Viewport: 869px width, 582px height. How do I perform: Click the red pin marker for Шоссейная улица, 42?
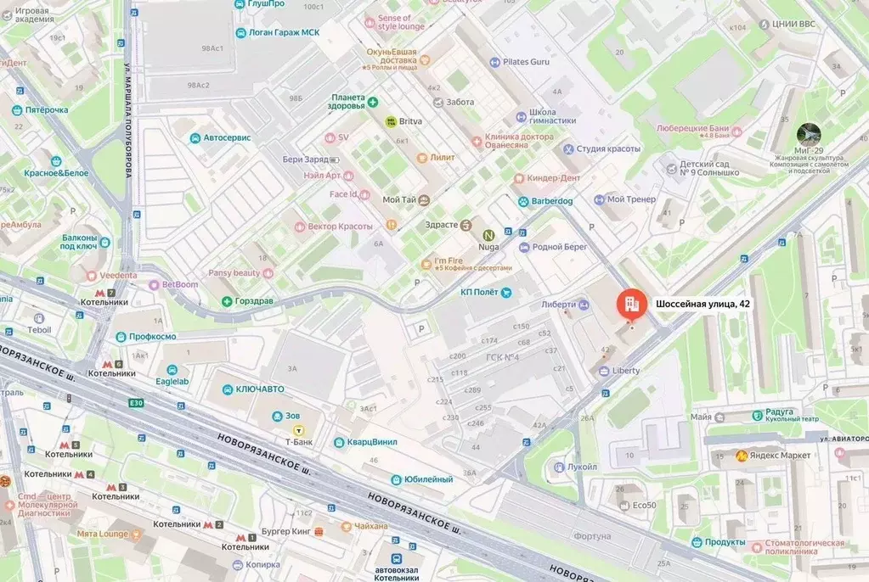(x=630, y=304)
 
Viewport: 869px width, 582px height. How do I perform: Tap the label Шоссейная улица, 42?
(x=703, y=304)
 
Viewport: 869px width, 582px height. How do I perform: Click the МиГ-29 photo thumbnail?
(x=809, y=134)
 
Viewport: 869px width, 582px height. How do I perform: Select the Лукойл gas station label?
(x=582, y=467)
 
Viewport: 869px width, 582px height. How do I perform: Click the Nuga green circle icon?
(x=488, y=235)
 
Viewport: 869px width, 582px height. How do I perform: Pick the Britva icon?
(x=391, y=121)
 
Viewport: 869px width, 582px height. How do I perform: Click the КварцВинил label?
(x=371, y=442)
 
